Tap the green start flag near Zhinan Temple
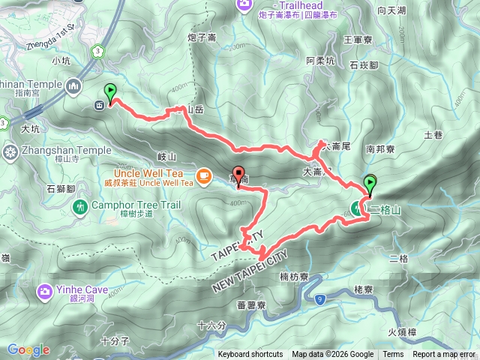tap(111, 93)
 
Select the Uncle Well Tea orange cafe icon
tap(203, 176)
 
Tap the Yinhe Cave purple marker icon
tap(46, 290)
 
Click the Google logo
tap(28, 349)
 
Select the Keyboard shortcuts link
tap(250, 355)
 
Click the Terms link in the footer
tap(393, 355)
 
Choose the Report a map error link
tap(444, 355)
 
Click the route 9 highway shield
tap(321, 279)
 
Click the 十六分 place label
tap(212, 325)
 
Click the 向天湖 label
tap(391, 10)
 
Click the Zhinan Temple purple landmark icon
tap(74, 85)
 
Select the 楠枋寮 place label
tap(294, 277)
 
